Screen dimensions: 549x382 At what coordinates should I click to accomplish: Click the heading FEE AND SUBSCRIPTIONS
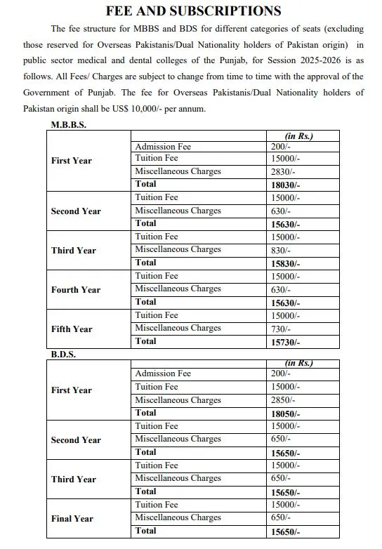(193, 11)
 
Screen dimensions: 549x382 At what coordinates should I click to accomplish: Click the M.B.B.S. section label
(69, 124)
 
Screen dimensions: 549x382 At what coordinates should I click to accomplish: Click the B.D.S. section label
(63, 355)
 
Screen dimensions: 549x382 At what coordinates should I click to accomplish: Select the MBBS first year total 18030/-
(285, 185)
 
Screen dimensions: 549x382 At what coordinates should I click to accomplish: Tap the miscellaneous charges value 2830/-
(282, 172)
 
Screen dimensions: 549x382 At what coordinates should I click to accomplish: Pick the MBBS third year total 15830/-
(285, 263)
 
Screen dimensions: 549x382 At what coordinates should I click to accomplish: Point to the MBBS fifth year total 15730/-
(285, 342)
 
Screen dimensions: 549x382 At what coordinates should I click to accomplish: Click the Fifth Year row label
(72, 329)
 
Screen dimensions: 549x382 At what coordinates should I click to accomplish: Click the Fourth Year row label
(75, 289)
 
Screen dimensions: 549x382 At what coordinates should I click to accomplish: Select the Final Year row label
(72, 519)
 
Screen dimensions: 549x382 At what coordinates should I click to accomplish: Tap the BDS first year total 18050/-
(285, 414)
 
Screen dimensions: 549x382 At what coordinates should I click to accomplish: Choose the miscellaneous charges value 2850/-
(282, 401)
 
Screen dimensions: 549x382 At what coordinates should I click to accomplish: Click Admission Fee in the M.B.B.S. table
(163, 146)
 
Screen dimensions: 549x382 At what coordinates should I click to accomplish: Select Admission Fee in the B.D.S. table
(163, 373)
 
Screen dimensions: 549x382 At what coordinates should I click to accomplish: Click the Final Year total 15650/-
(285, 532)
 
